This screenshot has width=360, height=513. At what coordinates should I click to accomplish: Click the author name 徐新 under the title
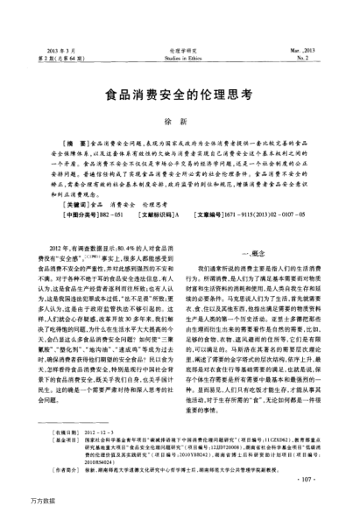pos(180,123)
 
